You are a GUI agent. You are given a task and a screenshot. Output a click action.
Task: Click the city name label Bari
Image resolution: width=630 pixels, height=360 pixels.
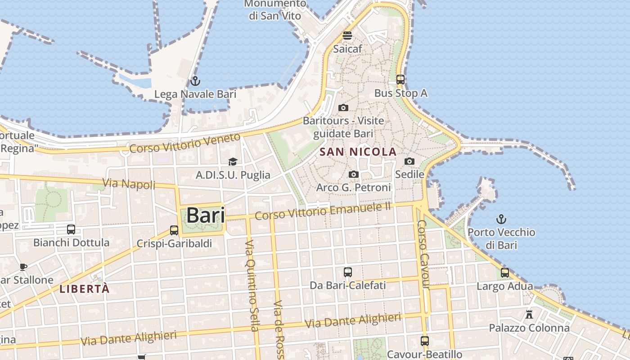pyautogui.click(x=206, y=215)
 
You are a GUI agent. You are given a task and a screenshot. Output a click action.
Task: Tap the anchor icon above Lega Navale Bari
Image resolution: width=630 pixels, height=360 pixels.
pyautogui.click(x=195, y=81)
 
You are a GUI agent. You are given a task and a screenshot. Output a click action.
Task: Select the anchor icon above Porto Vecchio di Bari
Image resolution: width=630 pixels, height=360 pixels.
pyautogui.click(x=501, y=220)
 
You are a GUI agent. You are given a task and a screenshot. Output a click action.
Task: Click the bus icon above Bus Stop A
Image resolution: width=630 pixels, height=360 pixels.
pyautogui.click(x=400, y=80)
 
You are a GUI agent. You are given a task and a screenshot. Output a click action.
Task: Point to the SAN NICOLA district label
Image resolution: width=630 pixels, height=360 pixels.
pyautogui.click(x=358, y=152)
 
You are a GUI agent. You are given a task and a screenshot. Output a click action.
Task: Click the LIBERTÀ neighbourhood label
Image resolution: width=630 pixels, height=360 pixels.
pyautogui.click(x=85, y=289)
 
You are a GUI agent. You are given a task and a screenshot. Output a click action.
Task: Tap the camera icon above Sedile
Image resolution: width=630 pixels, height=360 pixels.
pyautogui.click(x=409, y=161)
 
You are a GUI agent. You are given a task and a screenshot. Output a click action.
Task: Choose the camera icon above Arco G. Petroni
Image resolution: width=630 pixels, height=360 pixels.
pyautogui.click(x=354, y=174)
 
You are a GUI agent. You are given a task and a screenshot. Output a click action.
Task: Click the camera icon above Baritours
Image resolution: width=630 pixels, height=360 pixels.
pyautogui.click(x=343, y=108)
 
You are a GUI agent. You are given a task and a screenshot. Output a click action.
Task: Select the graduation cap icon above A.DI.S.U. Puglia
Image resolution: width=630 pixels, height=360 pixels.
pyautogui.click(x=233, y=162)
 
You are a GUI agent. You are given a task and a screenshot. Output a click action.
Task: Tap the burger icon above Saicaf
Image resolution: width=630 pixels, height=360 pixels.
pyautogui.click(x=347, y=36)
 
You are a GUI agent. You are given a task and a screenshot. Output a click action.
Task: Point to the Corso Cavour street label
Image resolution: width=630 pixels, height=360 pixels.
pyautogui.click(x=423, y=254)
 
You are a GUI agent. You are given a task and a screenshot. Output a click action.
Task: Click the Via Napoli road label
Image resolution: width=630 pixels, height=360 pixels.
pyautogui.click(x=129, y=184)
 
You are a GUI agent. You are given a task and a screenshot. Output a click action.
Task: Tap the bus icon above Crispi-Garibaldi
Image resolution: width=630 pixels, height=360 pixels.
pyautogui.click(x=174, y=230)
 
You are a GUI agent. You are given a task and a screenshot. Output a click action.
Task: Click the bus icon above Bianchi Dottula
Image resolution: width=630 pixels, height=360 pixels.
pyautogui.click(x=71, y=229)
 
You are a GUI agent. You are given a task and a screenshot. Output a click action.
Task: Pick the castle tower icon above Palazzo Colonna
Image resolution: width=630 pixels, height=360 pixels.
pyautogui.click(x=529, y=315)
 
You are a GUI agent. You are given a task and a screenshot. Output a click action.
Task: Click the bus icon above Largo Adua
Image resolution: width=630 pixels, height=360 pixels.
pyautogui.click(x=505, y=273)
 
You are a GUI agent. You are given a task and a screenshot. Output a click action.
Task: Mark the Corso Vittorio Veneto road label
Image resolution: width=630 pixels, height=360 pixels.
pyautogui.click(x=185, y=143)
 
